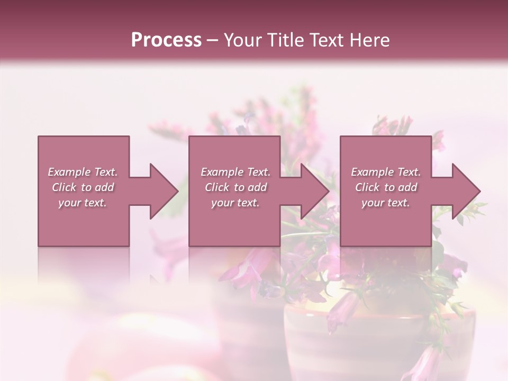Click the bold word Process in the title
(x=166, y=40)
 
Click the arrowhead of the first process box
(x=161, y=191)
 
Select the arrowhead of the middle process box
(x=313, y=191)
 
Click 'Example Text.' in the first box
(x=83, y=172)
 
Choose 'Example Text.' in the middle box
(x=235, y=172)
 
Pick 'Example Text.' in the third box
(x=386, y=172)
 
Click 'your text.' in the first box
(x=83, y=203)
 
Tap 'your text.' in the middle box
(x=235, y=203)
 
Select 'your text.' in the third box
(x=386, y=203)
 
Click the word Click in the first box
(x=64, y=187)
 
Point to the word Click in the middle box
(x=217, y=187)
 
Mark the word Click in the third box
(x=367, y=187)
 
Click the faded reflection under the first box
(x=84, y=265)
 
